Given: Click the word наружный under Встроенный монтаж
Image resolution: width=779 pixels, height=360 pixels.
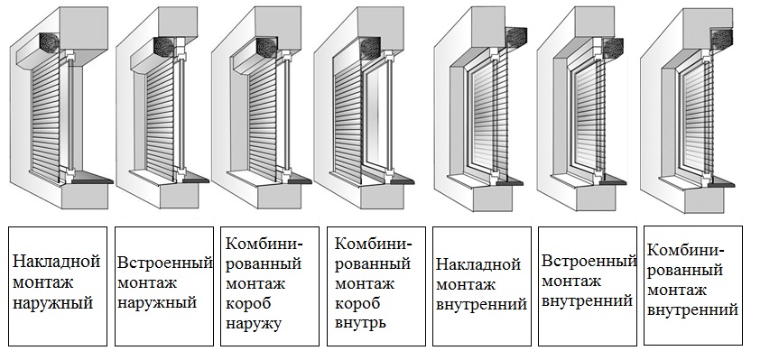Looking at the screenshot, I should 158,303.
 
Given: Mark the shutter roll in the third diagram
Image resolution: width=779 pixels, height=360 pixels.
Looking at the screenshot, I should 265,47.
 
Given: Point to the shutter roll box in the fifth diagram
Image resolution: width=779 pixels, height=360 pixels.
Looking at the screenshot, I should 516,37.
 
